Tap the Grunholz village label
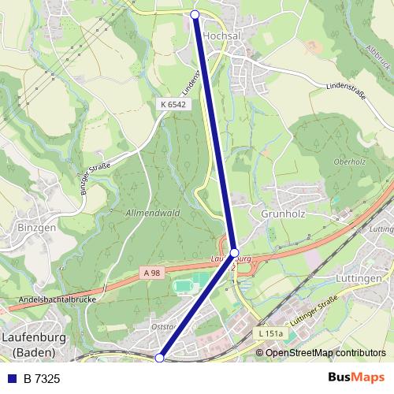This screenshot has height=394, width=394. tap(283, 213)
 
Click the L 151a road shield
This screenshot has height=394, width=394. tap(270, 334)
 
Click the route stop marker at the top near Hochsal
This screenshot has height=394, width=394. tap(196, 13)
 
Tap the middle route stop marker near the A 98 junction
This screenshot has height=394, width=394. tap(234, 253)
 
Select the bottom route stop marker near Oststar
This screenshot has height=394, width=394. tap(159, 358)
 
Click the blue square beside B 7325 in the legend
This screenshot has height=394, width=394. tap(12, 379)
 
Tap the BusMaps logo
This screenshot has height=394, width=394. tap(356, 379)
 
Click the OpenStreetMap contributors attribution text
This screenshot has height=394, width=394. tap(325, 352)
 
